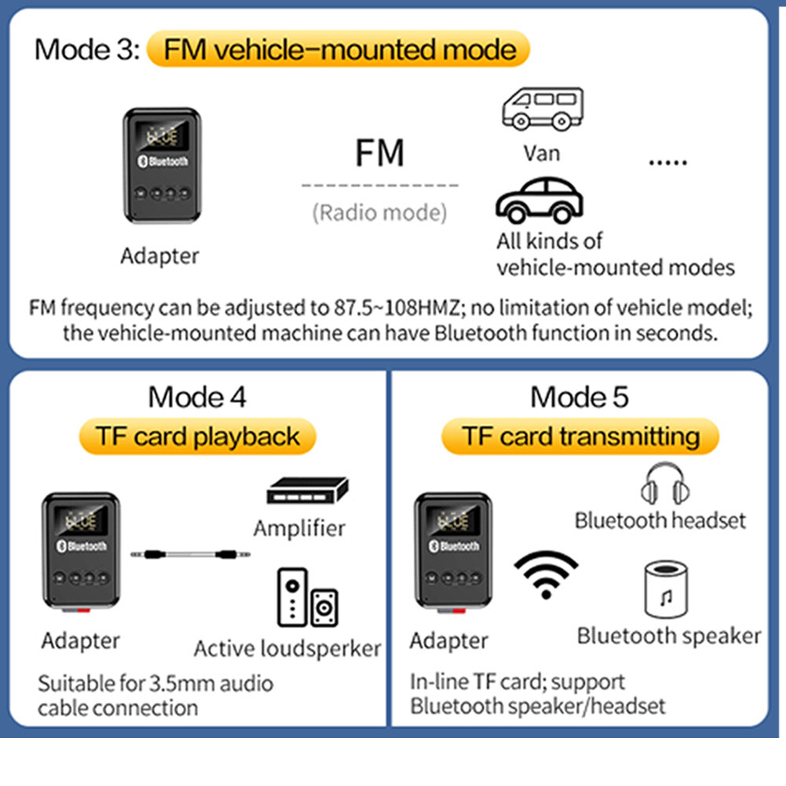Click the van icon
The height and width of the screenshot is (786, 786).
click(542, 108)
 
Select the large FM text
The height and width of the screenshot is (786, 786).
click(380, 152)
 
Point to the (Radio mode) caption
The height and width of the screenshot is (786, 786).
click(380, 212)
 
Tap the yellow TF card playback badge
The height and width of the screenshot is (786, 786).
click(197, 437)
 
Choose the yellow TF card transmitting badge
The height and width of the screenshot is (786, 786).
click(580, 437)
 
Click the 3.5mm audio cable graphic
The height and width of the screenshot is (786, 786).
click(191, 554)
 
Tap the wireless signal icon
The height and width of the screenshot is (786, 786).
click(545, 575)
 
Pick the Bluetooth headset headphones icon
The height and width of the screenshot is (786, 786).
click(659, 483)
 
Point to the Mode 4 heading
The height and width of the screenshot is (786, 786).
click(197, 397)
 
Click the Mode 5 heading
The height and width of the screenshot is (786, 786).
click(580, 397)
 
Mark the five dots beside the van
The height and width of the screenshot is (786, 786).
click(668, 162)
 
